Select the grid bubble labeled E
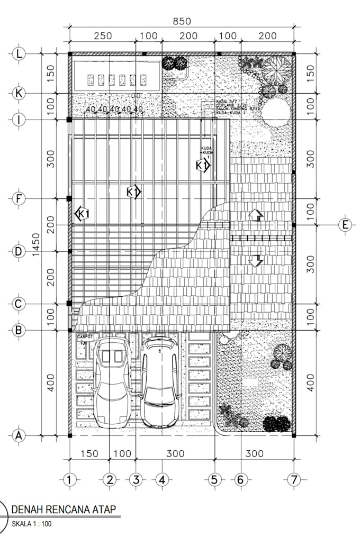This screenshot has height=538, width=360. click(x=345, y=225)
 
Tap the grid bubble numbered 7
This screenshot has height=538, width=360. click(x=293, y=480)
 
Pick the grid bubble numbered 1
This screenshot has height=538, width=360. click(x=69, y=480)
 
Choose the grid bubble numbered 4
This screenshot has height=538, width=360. click(x=162, y=480)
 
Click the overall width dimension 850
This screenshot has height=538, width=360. click(x=182, y=22)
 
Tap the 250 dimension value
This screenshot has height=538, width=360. click(x=103, y=36)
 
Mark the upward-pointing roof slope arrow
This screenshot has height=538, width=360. click(x=256, y=214)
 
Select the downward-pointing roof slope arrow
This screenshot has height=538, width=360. click(x=256, y=261)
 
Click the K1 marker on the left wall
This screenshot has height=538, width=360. click(x=82, y=214)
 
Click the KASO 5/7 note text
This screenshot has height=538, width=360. click(x=227, y=101)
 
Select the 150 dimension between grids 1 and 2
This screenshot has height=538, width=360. click(x=89, y=453)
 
